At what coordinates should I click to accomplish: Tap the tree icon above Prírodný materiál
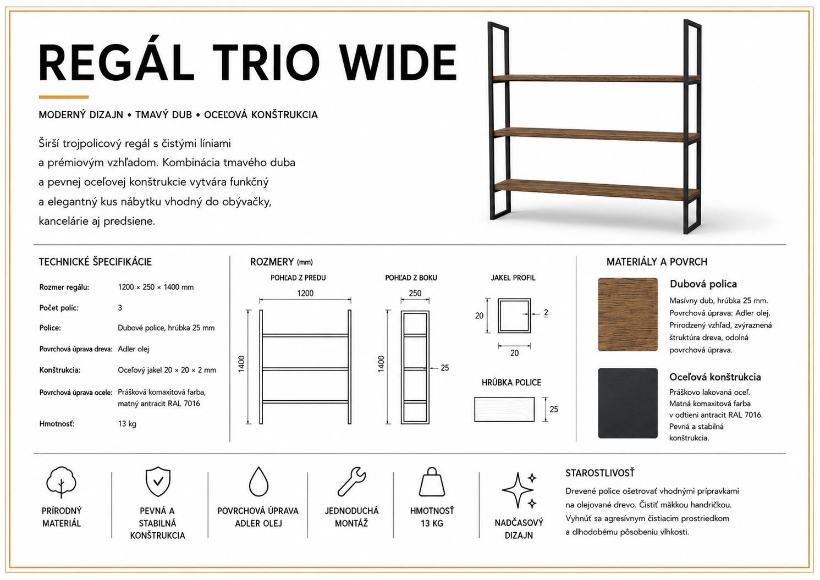point(61,482)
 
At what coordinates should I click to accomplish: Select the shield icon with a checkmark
point(158,482)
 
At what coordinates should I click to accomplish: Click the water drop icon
point(258,482)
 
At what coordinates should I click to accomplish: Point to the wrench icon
point(351,482)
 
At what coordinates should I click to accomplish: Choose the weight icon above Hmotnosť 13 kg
point(432,482)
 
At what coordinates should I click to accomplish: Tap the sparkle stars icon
point(520,490)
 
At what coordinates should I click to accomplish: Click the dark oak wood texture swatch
point(628,314)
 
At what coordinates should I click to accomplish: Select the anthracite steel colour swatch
point(628,404)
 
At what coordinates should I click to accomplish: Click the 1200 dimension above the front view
point(305,293)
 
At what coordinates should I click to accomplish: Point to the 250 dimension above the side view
point(415,293)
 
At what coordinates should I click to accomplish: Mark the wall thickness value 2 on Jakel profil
point(546,312)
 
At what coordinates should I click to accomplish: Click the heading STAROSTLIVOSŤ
point(599,473)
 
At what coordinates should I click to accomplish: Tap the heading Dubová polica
point(703,284)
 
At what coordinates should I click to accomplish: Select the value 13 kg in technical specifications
point(127,424)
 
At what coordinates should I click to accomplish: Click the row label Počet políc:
point(59,308)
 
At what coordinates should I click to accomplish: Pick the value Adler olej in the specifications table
point(133,349)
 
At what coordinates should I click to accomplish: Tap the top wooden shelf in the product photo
point(596,78)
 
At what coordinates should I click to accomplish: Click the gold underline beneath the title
point(64,97)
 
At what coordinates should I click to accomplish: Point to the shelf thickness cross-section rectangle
point(504,409)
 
